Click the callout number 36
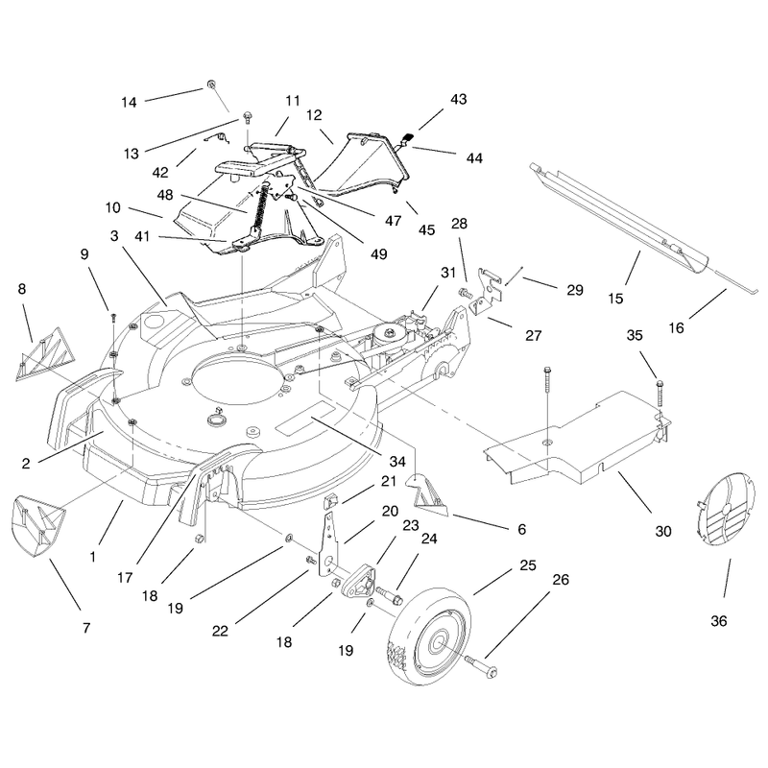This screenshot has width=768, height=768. point(718,621)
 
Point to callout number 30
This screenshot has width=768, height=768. point(663,532)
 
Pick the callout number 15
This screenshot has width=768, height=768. point(615,299)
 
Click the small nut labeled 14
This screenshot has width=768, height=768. point(211,84)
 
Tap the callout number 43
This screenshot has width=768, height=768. point(459,99)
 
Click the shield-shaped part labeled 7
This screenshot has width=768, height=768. point(37,525)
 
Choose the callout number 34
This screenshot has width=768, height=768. point(397,462)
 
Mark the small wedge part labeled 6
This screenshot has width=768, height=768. point(427,495)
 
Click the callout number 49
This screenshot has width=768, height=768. point(379,254)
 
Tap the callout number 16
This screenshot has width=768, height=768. point(676,327)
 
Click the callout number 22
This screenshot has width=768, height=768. point(220,631)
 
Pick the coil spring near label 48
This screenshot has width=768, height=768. point(260,207)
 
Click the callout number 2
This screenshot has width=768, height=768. point(26,464)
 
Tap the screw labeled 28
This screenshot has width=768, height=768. point(464,294)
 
